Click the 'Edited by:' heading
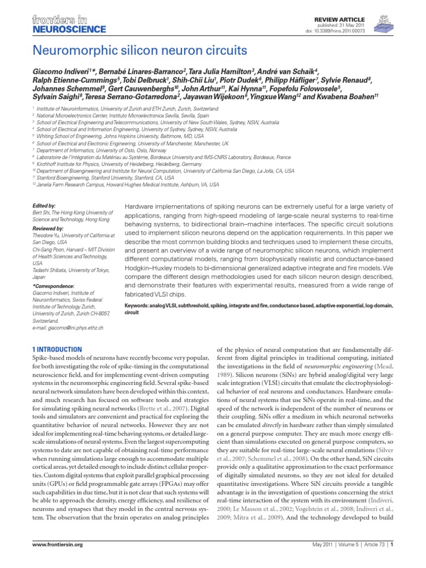pos(44,205)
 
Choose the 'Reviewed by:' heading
pos(48,228)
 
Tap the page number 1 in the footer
pos(392,560)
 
